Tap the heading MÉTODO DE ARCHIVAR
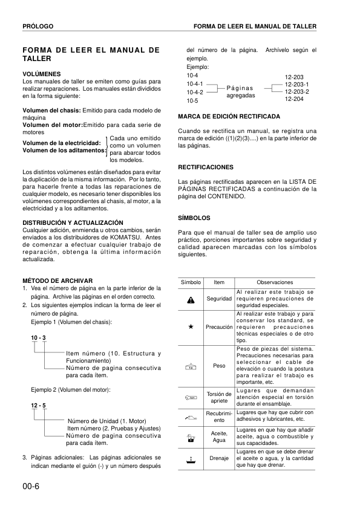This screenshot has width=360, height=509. (57, 281)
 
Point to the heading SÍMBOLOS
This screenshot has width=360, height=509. (194, 217)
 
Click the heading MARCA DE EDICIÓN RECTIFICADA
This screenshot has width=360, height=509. (229, 115)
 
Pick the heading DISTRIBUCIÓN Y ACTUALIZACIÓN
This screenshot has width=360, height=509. (73, 222)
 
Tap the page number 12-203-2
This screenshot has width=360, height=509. (296, 91)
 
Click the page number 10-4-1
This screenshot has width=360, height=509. (196, 83)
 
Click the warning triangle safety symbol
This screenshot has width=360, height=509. (191, 299)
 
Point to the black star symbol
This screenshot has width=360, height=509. (191, 326)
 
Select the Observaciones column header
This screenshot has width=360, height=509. (275, 283)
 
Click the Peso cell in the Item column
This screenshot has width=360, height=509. (219, 366)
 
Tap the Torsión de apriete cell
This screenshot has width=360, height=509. (219, 397)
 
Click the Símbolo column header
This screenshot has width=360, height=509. (191, 283)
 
